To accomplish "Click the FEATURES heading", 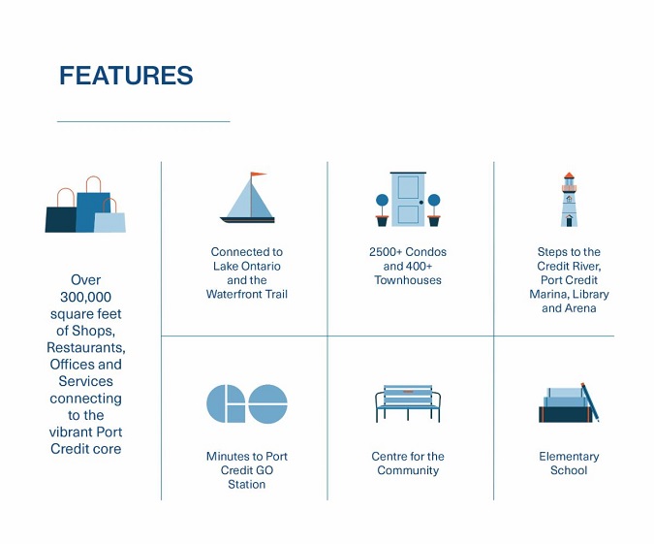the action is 126,76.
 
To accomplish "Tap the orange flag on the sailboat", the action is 258,175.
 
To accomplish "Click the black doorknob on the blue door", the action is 421,203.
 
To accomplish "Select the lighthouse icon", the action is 569,199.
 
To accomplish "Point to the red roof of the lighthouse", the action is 569,176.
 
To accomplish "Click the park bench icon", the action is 408,403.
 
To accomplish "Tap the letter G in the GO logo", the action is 226,403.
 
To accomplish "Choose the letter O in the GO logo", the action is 267,403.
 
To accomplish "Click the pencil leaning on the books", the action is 590,402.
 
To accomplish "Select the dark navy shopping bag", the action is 61,215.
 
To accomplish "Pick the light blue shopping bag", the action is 109,218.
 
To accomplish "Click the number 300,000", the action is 85,297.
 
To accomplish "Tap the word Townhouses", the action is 408,280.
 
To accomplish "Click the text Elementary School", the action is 569,464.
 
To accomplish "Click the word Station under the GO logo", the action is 246,484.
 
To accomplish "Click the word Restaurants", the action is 86,348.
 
